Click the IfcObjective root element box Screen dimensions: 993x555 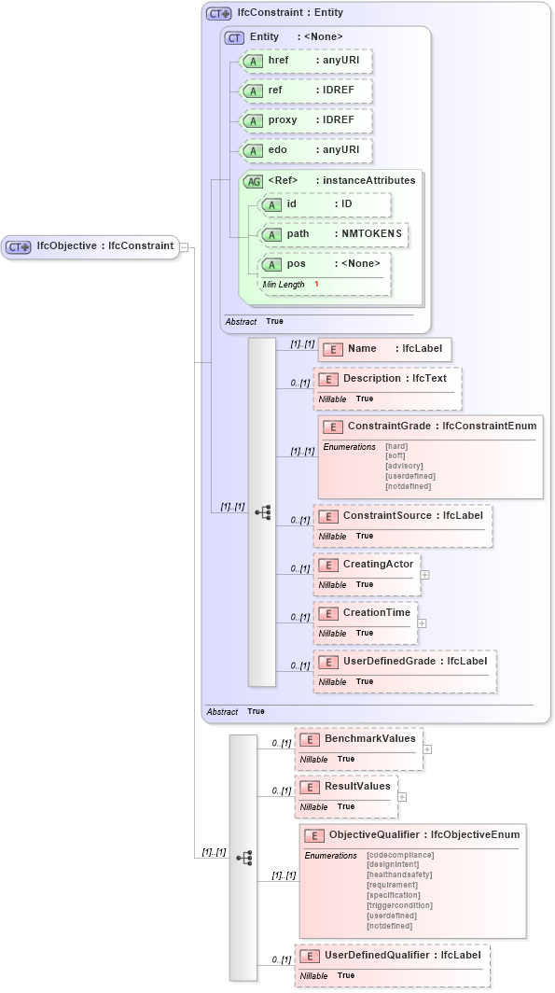point(90,246)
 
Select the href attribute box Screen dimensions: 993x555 point(306,61)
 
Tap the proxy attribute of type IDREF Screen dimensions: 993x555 point(306,120)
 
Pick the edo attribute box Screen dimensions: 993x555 point(306,150)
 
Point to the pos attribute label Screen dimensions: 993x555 point(296,264)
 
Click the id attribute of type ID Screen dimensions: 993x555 point(325,204)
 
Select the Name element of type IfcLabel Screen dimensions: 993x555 point(385,349)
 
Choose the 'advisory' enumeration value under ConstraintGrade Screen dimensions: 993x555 point(404,466)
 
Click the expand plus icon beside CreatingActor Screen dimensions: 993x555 point(424,575)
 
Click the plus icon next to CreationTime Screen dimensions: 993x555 point(422,623)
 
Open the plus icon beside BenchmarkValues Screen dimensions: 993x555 point(427,748)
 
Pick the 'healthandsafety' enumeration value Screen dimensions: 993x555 point(399,875)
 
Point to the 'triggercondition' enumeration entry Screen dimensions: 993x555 point(399,905)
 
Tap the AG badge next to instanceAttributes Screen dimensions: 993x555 point(253,181)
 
